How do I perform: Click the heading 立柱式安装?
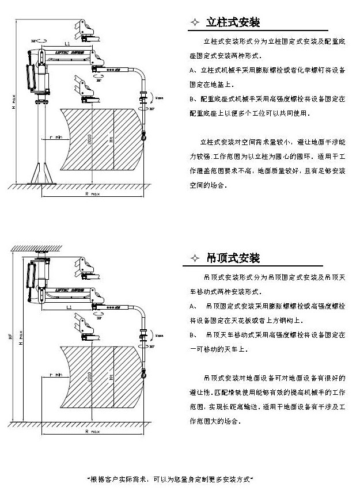click(233, 23)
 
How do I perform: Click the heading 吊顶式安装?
click(233, 257)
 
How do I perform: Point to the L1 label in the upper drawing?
click(67, 44)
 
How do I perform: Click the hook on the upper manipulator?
click(141, 136)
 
